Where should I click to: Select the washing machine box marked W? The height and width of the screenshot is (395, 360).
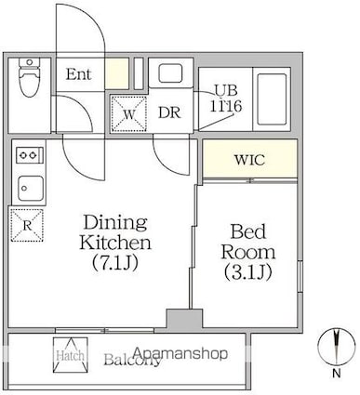click(128, 114)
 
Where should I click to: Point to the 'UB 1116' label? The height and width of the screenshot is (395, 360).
click(227, 99)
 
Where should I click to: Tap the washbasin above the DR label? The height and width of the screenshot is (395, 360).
click(169, 75)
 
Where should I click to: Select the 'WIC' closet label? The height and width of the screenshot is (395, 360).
click(248, 159)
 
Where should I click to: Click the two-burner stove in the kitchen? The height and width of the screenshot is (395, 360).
click(28, 154)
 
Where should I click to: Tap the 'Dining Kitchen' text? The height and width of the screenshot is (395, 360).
click(116, 232)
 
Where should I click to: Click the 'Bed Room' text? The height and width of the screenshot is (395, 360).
click(247, 243)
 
